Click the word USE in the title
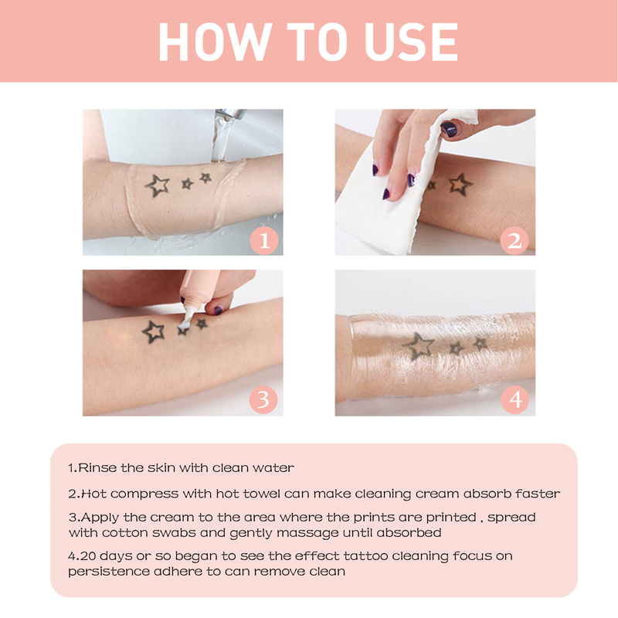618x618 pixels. (412, 42)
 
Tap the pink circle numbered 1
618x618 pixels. (263, 240)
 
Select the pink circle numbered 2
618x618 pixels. (514, 240)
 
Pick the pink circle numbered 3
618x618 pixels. (263, 399)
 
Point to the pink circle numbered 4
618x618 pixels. (514, 399)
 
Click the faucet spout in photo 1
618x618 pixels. (230, 114)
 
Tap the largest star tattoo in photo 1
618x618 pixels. (158, 185)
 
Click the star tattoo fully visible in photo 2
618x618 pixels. (460, 184)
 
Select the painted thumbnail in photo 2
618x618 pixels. (449, 129)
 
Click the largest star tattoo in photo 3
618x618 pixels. (153, 331)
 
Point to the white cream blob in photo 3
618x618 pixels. (185, 324)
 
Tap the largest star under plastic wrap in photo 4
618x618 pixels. (418, 346)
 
